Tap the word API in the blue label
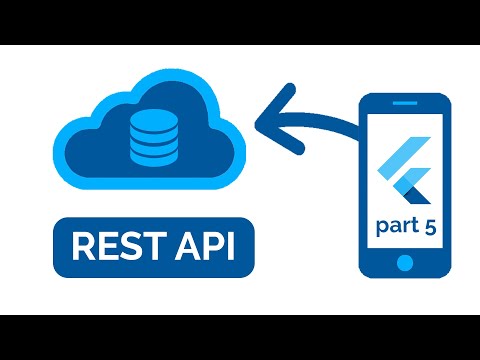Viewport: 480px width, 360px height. (197, 245)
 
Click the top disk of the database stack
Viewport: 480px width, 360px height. (150, 118)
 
